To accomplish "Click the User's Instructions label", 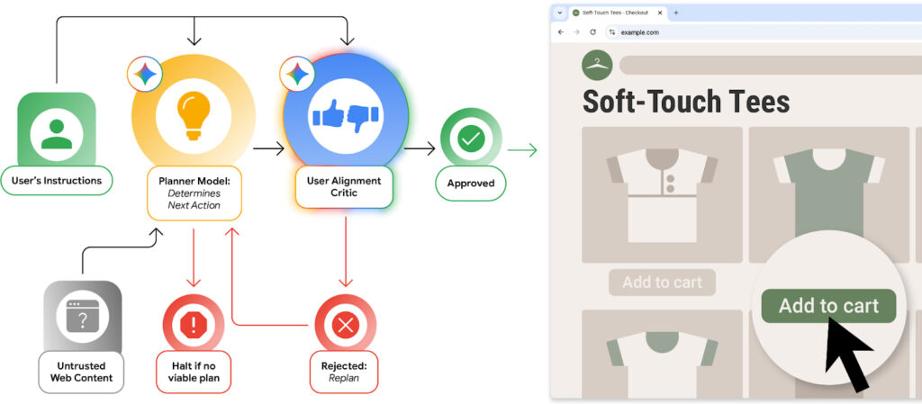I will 56,181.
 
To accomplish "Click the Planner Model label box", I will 194,193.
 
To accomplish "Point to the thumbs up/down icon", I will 344,117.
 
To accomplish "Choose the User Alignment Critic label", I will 344,187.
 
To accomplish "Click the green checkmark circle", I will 470,139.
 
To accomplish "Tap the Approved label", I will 470,183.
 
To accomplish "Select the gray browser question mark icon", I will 82,317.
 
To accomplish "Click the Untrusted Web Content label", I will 81,371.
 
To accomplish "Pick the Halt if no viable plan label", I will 193,371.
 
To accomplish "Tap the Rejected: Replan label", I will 344,373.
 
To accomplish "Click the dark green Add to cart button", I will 828,306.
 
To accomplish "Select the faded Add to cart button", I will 662,283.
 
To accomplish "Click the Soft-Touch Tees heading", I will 686,101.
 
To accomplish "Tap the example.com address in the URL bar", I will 640,32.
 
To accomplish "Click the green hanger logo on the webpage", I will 597,65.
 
